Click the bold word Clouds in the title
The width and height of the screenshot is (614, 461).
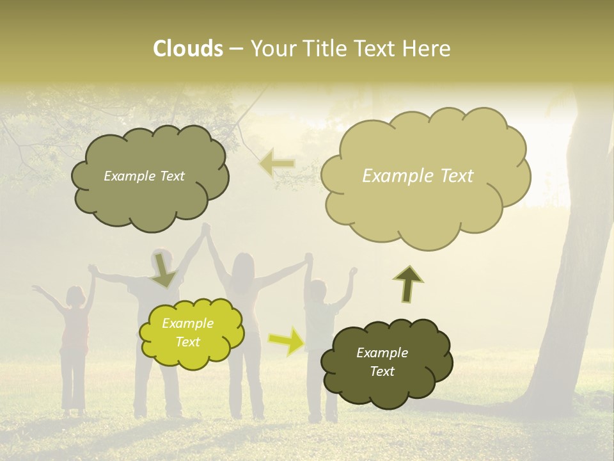click(x=187, y=49)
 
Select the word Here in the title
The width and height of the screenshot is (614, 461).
click(x=428, y=49)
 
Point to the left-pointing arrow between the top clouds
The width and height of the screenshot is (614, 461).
click(x=277, y=164)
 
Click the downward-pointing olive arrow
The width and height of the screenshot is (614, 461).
click(x=164, y=270)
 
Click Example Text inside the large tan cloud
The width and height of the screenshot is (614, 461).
click(x=418, y=176)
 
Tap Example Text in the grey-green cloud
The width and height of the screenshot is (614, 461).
click(x=144, y=176)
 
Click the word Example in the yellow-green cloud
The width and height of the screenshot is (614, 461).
click(x=188, y=323)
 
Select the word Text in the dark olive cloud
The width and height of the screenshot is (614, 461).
click(x=382, y=372)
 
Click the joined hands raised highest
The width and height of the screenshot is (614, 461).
click(x=206, y=229)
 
